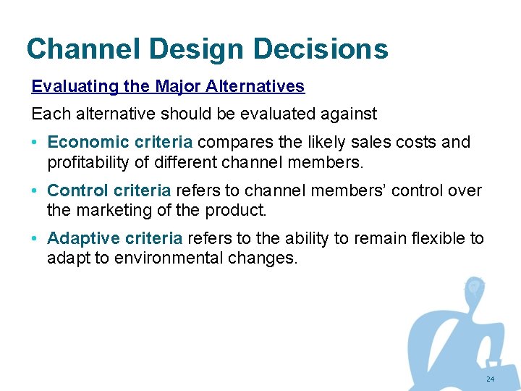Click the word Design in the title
(188, 49)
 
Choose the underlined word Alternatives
(255, 87)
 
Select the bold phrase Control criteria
(109, 190)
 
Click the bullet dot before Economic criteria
(35, 143)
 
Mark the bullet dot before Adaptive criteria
(35, 239)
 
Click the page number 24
(490, 379)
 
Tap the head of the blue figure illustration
(474, 288)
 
